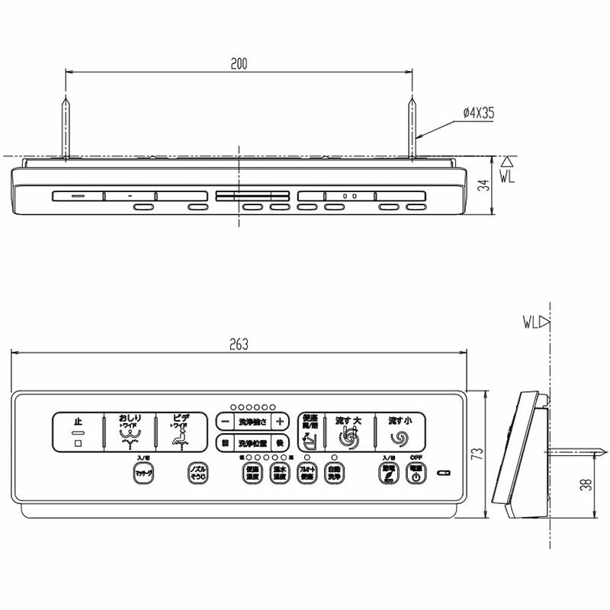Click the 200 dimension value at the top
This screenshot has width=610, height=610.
coord(239,63)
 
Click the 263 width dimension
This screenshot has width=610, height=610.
coord(239,345)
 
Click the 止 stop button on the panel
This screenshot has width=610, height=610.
coord(77,432)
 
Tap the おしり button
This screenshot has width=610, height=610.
coord(129,432)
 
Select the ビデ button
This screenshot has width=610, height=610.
coord(181,432)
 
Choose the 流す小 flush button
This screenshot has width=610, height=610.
coord(399,432)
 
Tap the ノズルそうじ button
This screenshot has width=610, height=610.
coord(197,474)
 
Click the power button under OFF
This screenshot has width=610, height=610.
coord(416,474)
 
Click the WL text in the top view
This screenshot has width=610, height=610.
coord(509,175)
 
